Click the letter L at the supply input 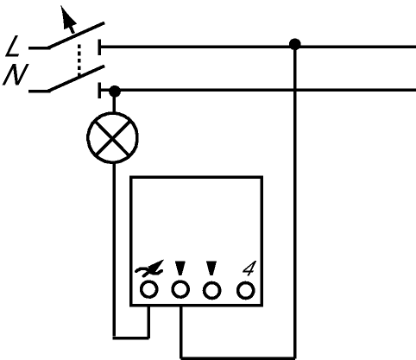point(12,46)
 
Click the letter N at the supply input point(16,74)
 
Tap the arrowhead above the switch point(68,19)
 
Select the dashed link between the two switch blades point(79,60)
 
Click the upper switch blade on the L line point(76,35)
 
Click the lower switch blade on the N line point(76,79)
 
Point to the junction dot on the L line point(295,45)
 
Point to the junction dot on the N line point(115,92)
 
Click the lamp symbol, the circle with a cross point(112,138)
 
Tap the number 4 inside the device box point(249,268)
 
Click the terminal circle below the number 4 point(246,290)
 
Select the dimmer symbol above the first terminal point(149,268)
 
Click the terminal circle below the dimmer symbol point(149,289)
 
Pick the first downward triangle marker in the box point(180,268)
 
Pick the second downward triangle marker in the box point(211,268)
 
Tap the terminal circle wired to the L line point(180,289)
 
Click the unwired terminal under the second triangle point(212,290)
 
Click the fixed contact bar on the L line point(99,47)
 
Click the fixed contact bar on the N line point(99,91)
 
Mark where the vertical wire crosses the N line point(295,91)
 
